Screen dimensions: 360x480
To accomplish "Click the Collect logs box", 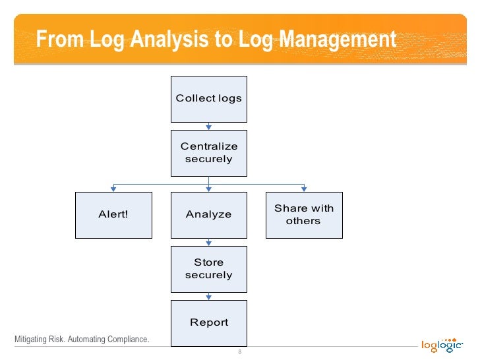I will (x=209, y=99).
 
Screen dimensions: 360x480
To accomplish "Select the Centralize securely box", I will (x=209, y=153).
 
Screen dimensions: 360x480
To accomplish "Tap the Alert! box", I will (x=113, y=215).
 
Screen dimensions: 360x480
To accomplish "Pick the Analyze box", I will (x=209, y=215).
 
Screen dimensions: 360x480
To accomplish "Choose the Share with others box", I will (x=304, y=215).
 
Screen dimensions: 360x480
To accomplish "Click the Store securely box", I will (x=209, y=269).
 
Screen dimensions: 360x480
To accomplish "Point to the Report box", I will (x=209, y=322).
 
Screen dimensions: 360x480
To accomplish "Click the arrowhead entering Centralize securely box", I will (x=209, y=127).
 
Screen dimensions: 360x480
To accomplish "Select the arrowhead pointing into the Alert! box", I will (x=113, y=189).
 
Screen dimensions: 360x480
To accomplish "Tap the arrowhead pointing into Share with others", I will (x=304, y=189).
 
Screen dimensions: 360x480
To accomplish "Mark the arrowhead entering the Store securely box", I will (x=209, y=243).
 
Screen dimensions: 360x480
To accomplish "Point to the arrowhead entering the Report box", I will (x=209, y=297).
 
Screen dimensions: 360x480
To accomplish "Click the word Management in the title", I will (x=338, y=40).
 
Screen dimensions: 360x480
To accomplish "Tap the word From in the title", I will (x=60, y=40).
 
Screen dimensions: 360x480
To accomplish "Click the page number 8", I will (x=240, y=351).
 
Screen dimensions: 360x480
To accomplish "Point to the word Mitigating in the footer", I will (x=30, y=340).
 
